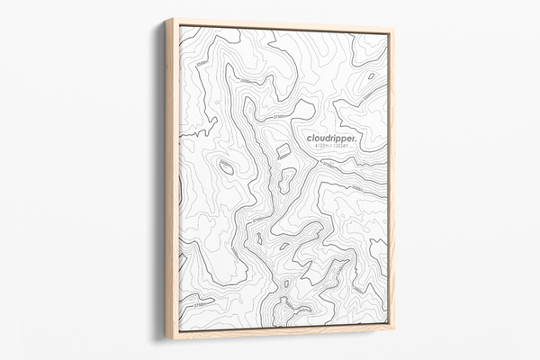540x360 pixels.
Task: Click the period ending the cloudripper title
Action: tap(356, 139)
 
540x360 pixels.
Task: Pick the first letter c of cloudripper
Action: tap(309, 139)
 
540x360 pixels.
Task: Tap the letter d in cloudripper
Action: tap(325, 138)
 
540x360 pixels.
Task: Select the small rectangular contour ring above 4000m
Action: tap(283, 149)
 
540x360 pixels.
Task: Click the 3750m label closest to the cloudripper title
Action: tap(277, 116)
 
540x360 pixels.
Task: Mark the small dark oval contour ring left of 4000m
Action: tap(226, 167)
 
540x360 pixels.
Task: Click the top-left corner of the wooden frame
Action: tap(166, 19)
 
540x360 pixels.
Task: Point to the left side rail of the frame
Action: tap(171, 180)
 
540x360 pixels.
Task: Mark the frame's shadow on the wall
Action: tap(159, 180)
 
